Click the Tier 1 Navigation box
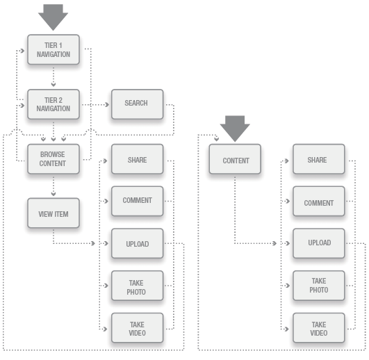(x=54, y=50)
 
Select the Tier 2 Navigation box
(x=54, y=104)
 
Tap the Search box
(x=136, y=104)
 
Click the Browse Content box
(x=54, y=159)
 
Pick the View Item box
(x=54, y=214)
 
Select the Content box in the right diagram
(x=236, y=161)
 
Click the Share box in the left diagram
(x=137, y=159)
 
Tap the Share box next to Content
(x=318, y=160)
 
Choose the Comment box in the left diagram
(x=137, y=201)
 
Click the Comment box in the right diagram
(x=318, y=202)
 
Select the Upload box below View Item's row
(x=137, y=244)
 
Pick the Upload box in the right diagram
(x=318, y=244)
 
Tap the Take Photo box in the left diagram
(x=137, y=287)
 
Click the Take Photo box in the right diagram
(x=318, y=286)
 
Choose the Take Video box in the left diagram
(x=137, y=329)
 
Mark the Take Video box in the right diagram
(x=318, y=329)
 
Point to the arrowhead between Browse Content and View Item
(x=54, y=194)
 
